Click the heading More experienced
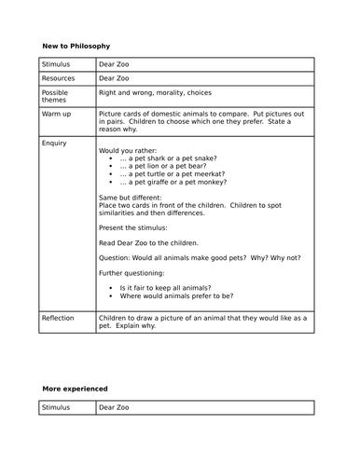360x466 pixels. coord(75,387)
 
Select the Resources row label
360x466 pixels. coord(58,78)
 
